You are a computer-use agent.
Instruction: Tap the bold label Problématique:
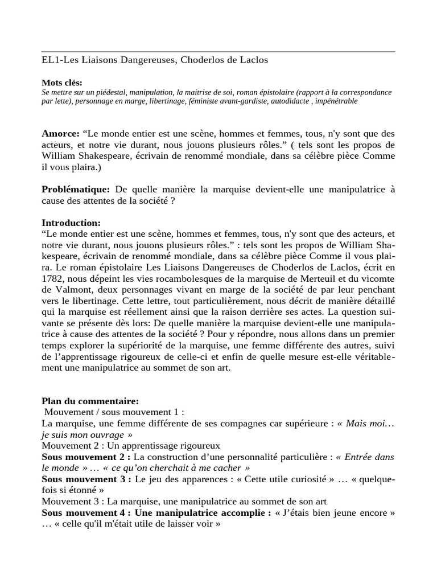pos(76,189)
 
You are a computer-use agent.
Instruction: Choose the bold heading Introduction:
pos(71,222)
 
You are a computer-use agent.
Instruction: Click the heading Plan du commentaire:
pos(90,401)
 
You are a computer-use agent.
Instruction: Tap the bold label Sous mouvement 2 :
pos(86,457)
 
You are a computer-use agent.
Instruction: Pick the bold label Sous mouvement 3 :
pos(86,479)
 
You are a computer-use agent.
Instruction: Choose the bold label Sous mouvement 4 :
pos(86,512)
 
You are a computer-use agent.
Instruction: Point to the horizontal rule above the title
pos(218,51)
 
